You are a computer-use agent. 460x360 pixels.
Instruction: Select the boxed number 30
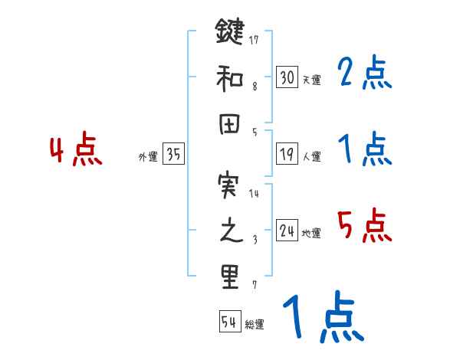(287, 77)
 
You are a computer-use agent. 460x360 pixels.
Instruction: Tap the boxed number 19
(287, 154)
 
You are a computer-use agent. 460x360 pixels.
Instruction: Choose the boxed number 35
(173, 154)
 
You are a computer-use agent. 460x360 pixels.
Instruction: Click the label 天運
(312, 80)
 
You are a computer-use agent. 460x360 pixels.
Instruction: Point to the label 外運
(147, 157)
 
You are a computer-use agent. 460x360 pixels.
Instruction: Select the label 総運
(255, 325)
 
